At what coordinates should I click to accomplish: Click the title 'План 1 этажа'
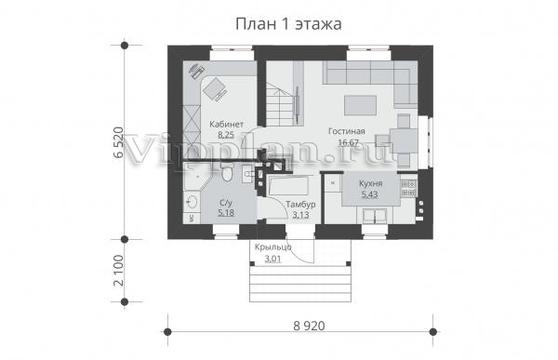(288, 24)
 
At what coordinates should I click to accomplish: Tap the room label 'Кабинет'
(226, 125)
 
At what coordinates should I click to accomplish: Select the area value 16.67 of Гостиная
(348, 142)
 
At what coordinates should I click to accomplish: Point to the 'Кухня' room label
(370, 184)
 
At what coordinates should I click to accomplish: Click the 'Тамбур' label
(300, 205)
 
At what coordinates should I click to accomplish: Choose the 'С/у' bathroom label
(226, 203)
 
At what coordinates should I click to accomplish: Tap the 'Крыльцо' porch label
(272, 247)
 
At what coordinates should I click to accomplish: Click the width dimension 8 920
(310, 326)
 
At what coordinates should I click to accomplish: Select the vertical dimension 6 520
(118, 142)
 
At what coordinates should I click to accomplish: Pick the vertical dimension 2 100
(118, 271)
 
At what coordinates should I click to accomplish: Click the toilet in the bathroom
(226, 173)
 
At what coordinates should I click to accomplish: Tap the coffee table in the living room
(360, 105)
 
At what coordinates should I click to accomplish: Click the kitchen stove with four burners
(409, 188)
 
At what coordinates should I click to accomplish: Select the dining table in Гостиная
(404, 141)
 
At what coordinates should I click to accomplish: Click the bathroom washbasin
(192, 202)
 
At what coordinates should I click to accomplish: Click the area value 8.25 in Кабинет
(226, 135)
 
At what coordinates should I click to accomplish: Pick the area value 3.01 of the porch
(272, 259)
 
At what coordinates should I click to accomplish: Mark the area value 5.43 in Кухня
(370, 194)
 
